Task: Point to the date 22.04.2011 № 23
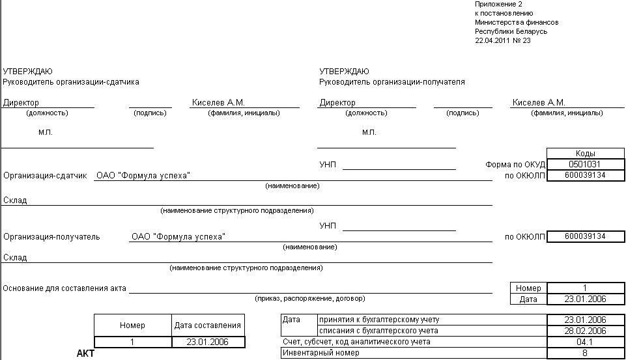tap(503, 40)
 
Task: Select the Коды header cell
tap(586, 154)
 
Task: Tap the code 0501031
tap(586, 165)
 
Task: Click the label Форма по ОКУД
tap(515, 165)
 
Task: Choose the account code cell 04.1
tap(586, 342)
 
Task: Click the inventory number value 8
tap(586, 353)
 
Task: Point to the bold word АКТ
tap(86, 353)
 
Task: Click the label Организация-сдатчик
tap(45, 176)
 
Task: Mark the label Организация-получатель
tap(51, 237)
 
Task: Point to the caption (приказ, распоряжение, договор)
tap(310, 299)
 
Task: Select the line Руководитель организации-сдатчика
tap(71, 82)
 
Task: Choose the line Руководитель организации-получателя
tap(392, 82)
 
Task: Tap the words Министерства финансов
tap(517, 22)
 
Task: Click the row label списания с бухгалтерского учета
tap(379, 331)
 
